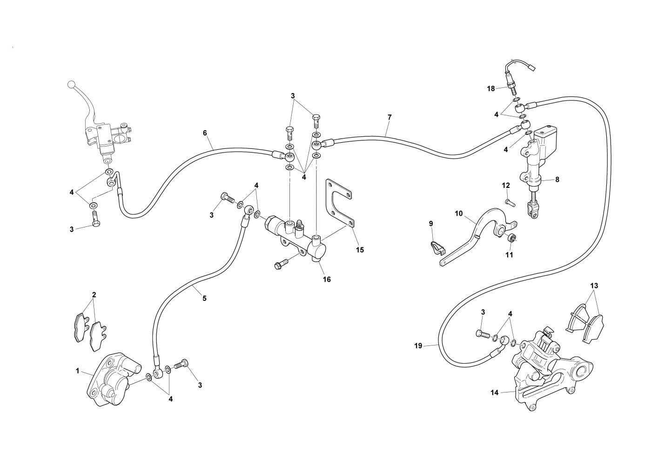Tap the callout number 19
pos(418,345)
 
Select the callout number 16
pos(327,279)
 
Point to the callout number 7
pos(389,117)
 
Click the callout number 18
pos(491,88)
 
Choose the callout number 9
pos(431,224)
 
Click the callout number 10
pos(459,213)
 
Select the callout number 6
pos(205,133)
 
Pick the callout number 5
pos(204,298)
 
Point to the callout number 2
pos(94,294)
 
